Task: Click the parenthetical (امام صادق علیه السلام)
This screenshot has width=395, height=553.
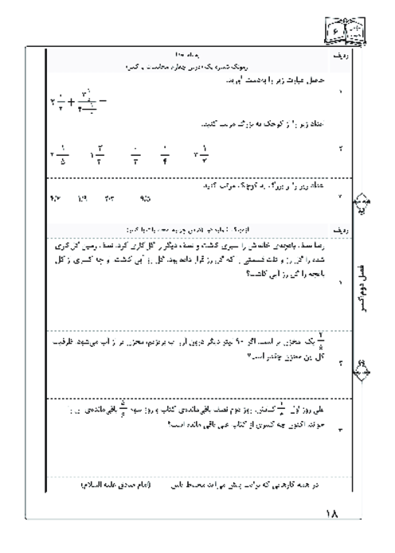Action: [x=123, y=483]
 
